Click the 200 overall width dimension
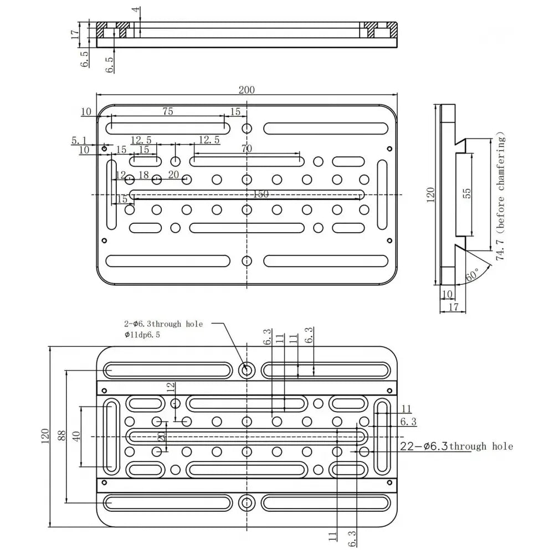click(x=247, y=90)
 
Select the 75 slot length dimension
click(x=167, y=111)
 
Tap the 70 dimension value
click(x=247, y=148)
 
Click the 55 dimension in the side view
click(x=466, y=193)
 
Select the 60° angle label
click(x=473, y=275)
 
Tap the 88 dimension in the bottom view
click(x=61, y=436)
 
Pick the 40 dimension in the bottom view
click(x=76, y=436)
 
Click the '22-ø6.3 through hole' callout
click(x=456, y=447)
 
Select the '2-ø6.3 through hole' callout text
click(x=163, y=324)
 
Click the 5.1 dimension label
click(x=79, y=141)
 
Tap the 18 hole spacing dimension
click(x=143, y=175)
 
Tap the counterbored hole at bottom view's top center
click(x=247, y=370)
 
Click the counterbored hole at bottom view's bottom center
click(x=247, y=502)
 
